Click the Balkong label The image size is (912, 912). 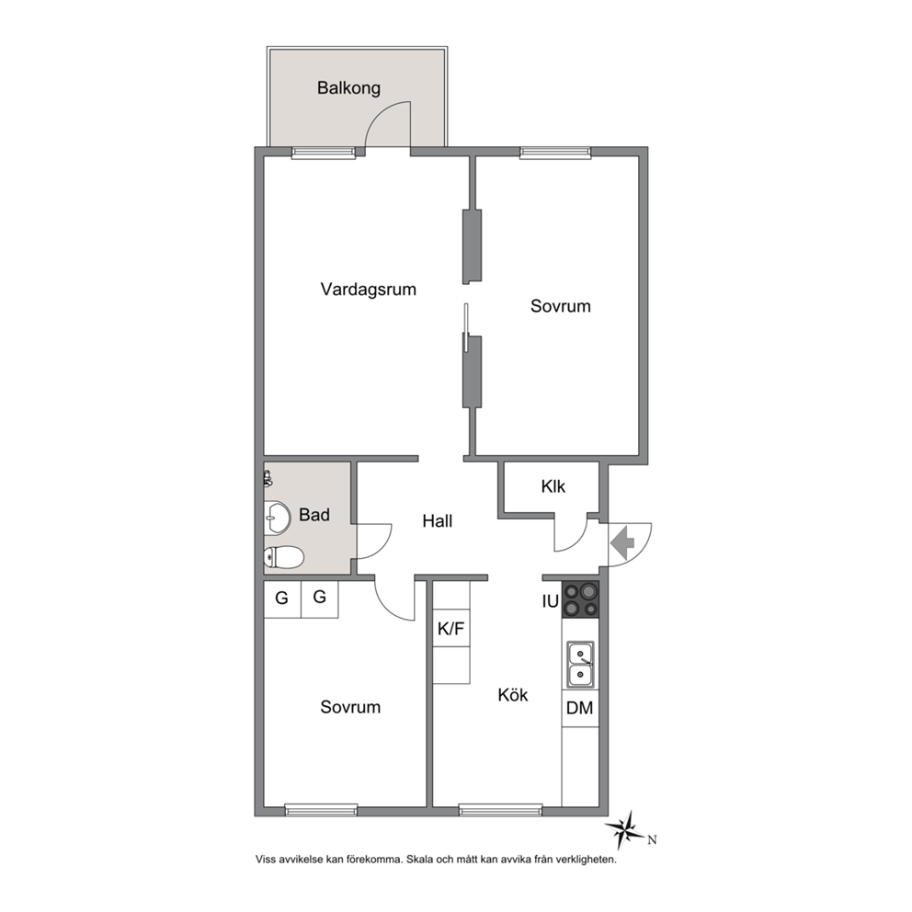click(348, 88)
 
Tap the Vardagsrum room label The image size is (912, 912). click(368, 289)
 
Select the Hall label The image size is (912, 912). click(438, 521)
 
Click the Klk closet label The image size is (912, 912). click(553, 486)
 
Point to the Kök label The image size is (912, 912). click(512, 694)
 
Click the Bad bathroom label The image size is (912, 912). click(314, 515)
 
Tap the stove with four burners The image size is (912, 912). click(580, 599)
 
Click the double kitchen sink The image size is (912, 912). click(580, 664)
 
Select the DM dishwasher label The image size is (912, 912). click(579, 708)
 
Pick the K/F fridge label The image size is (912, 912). click(451, 628)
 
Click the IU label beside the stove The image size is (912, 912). click(550, 601)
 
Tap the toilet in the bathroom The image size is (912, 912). click(283, 558)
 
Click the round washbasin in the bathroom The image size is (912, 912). click(278, 518)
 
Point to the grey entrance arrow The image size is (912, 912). click(621, 542)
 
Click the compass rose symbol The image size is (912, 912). click(626, 830)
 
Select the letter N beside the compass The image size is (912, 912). click(653, 839)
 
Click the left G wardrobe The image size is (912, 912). click(282, 598)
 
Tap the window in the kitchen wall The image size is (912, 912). click(500, 810)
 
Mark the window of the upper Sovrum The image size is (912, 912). click(555, 153)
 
